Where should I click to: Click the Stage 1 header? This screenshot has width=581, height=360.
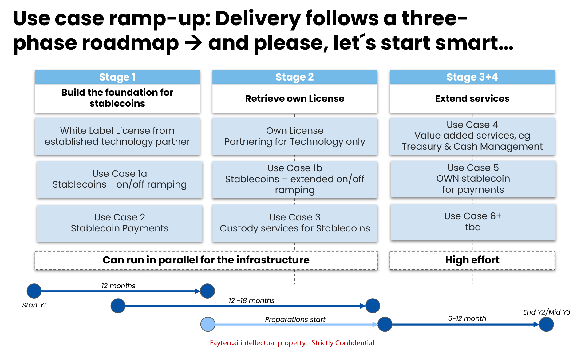pos(117,77)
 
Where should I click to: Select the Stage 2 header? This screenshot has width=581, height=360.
pos(294,77)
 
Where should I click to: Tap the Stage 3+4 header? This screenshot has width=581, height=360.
pos(472,77)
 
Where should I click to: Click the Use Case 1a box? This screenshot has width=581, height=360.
pos(120,179)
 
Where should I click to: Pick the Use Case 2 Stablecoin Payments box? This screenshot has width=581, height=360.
pos(120,223)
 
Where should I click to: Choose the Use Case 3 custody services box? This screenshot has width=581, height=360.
pos(294,223)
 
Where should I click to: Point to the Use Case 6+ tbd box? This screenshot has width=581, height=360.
pos(473,222)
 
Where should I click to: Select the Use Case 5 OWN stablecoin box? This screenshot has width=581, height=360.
pos(473,179)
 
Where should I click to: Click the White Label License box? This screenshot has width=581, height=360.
pos(117,136)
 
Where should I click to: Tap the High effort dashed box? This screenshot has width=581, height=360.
pos(472,260)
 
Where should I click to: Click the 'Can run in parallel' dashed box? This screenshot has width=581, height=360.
pos(206,260)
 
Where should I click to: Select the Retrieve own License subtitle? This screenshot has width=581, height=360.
pos(294,99)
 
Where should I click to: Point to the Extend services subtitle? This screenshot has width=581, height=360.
pos(472,99)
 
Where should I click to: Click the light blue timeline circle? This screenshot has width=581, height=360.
pos(208,324)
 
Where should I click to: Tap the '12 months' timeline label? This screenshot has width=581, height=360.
pos(118,286)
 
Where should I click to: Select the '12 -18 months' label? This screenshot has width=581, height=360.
pos(251,300)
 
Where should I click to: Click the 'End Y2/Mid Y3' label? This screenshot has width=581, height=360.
pos(547,312)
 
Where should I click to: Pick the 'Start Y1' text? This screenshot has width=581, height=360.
pos(34,305)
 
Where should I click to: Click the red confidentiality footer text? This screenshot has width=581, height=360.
pos(292,343)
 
